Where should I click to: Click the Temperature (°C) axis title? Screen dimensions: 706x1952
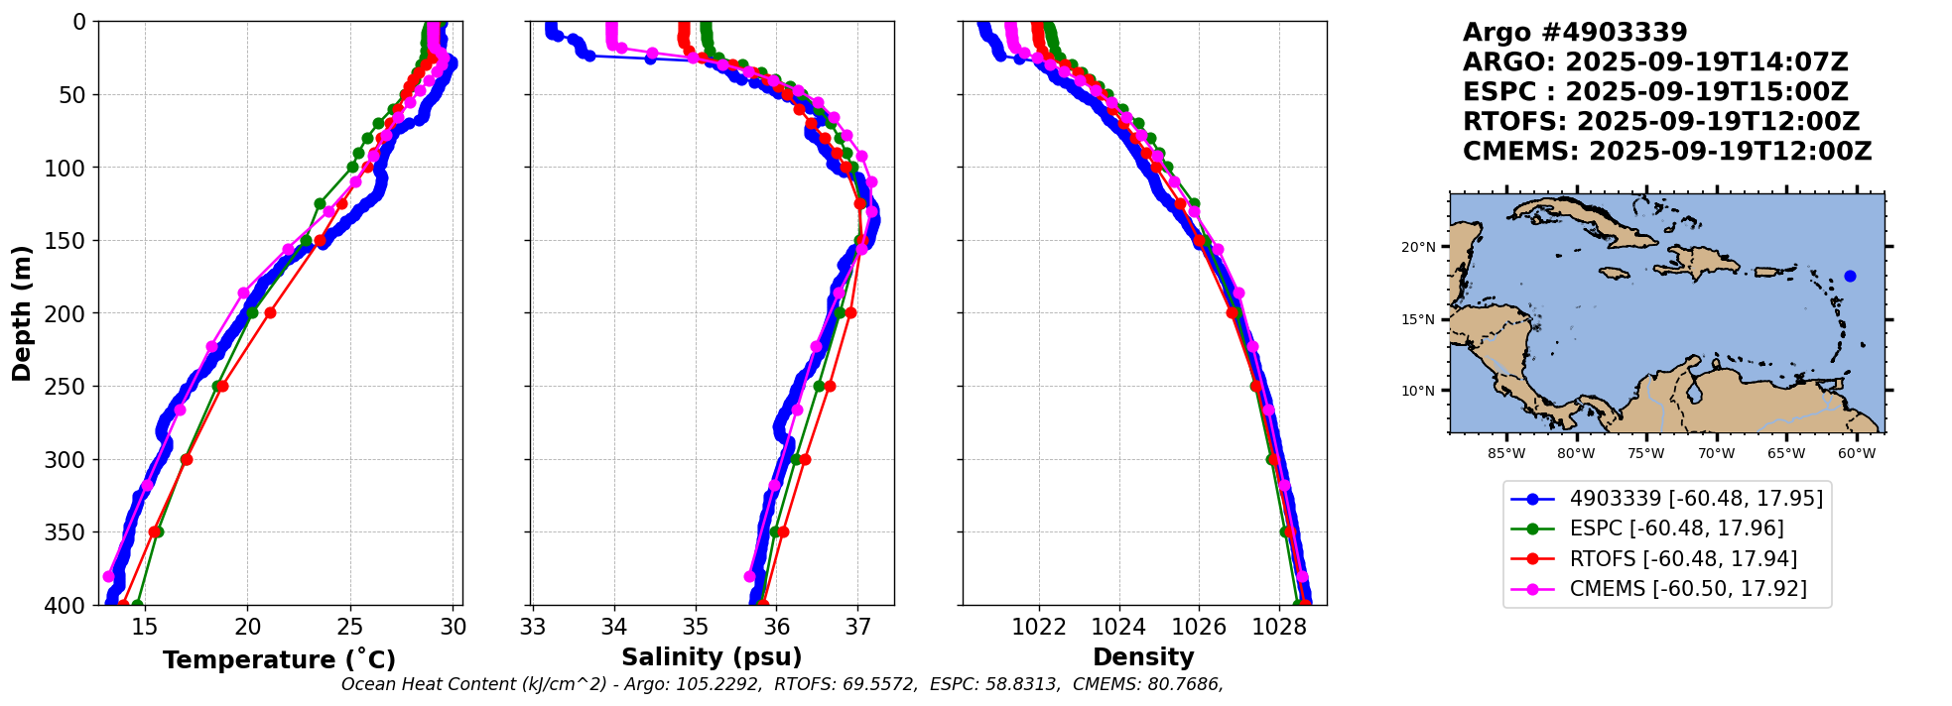click(279, 660)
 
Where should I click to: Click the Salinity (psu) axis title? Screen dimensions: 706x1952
click(712, 657)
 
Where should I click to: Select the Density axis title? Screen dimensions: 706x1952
click(1143, 657)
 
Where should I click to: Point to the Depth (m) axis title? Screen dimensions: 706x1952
click(22, 313)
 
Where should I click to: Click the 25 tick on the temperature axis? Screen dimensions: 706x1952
click(350, 627)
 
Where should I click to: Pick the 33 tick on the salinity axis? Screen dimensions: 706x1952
click(533, 627)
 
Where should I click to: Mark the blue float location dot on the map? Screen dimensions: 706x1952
click(1850, 276)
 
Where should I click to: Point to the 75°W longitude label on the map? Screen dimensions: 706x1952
click(1645, 454)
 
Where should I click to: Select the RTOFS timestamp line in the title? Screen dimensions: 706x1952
click(1660, 122)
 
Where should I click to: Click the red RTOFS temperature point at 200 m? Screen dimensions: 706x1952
click(270, 313)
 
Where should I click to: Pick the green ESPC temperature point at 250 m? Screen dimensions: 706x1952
click(217, 387)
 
